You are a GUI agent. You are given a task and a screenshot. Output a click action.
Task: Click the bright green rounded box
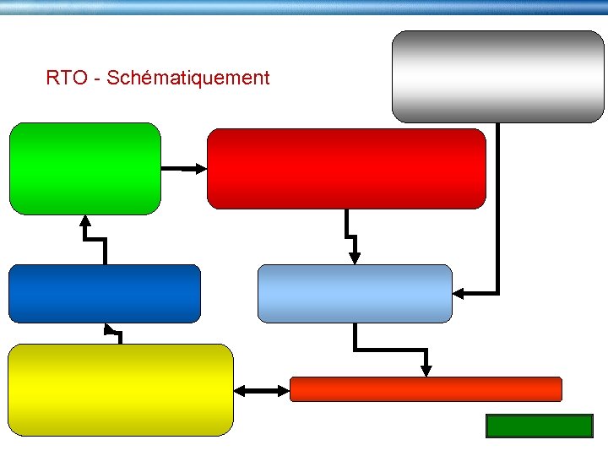pyautogui.click(x=84, y=168)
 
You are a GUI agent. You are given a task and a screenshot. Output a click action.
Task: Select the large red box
pyautogui.click(x=346, y=168)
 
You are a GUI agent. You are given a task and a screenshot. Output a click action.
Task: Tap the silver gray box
pyautogui.click(x=498, y=76)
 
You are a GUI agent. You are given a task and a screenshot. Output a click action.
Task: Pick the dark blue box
pyautogui.click(x=105, y=293)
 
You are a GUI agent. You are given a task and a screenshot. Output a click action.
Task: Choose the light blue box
pyautogui.click(x=355, y=293)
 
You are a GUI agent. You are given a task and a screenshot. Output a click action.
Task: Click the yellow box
pyautogui.click(x=120, y=389)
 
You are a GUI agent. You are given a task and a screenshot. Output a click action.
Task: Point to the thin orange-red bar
pyautogui.click(x=426, y=388)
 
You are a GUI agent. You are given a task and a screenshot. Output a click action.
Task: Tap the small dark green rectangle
pyautogui.click(x=540, y=426)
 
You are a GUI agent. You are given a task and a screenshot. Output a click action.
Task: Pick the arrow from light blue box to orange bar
pyautogui.click(x=388, y=348)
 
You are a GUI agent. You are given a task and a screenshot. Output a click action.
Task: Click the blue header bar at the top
pyautogui.click(x=304, y=7)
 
